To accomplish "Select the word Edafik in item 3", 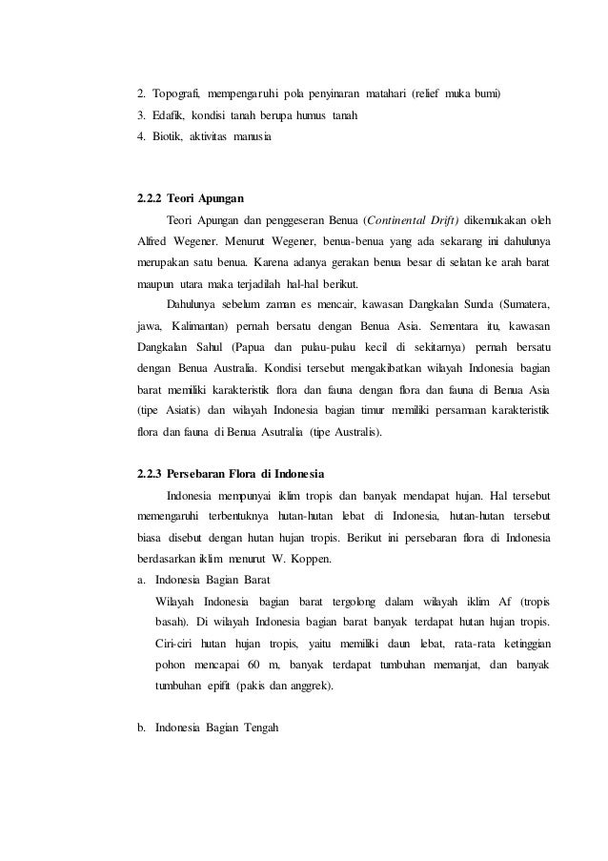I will (170, 116).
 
